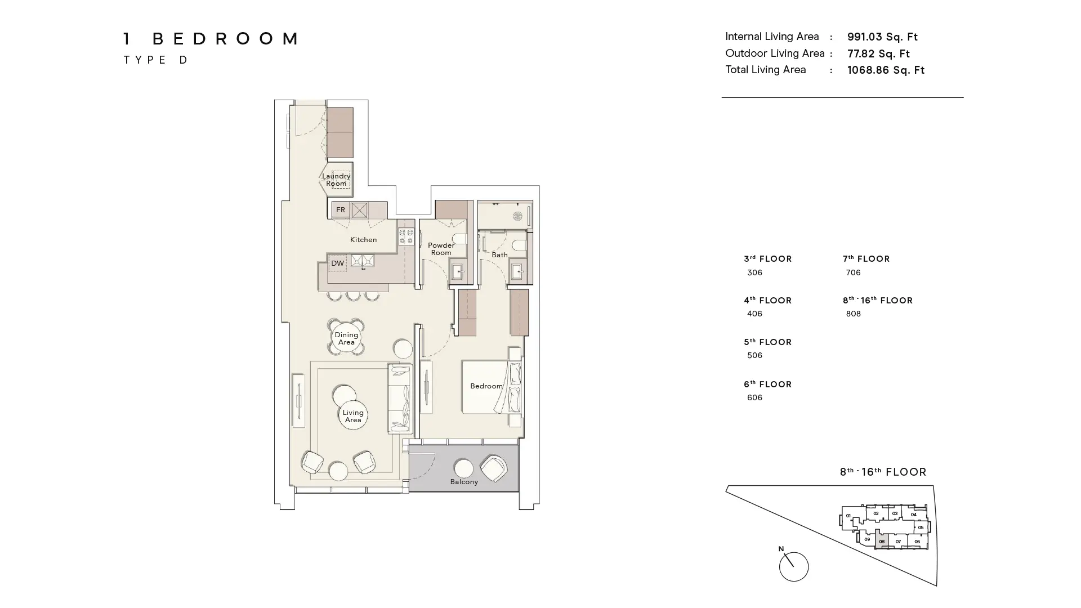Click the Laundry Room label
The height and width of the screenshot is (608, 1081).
pos(336,180)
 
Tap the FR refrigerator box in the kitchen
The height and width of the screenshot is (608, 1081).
pos(341,210)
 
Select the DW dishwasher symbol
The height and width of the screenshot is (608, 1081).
pos(337,263)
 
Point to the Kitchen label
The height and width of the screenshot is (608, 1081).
pos(363,240)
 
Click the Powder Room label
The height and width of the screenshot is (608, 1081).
pos(441,249)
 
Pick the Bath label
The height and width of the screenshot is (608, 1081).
pos(499,255)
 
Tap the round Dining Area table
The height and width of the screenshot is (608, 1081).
pos(346,338)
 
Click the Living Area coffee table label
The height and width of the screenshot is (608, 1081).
pos(353,416)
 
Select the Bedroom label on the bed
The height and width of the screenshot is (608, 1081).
pos(486,386)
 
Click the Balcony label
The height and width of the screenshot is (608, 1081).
pos(464,482)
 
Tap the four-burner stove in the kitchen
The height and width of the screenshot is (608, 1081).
pos(407,236)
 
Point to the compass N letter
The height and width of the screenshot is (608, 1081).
pos(781,549)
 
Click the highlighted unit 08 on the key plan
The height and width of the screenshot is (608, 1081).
pos(882,542)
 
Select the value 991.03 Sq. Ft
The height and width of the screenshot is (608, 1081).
pos(882,37)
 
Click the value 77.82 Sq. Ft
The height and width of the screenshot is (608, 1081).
pos(878,54)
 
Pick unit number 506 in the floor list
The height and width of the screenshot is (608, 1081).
pos(754,355)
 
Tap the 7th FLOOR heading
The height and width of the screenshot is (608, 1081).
pos(866,259)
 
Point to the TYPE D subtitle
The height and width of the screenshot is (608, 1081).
pos(156,60)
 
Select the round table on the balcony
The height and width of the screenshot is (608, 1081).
pos(463,468)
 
